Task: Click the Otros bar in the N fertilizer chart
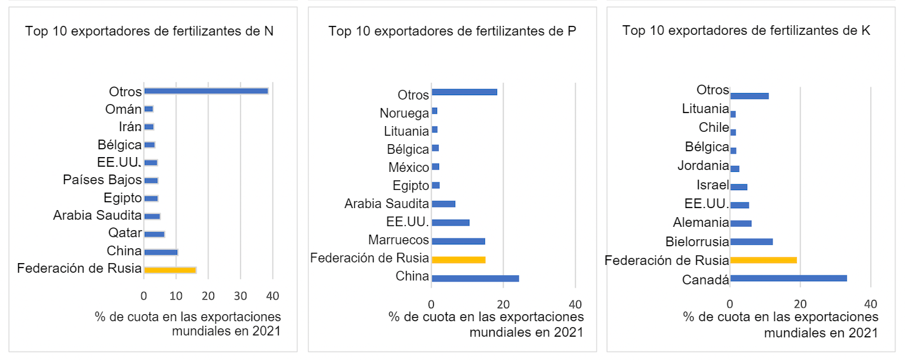[x=206, y=91]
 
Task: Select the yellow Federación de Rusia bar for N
[x=170, y=270]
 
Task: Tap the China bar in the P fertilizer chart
[x=475, y=279]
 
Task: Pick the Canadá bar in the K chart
[x=788, y=279]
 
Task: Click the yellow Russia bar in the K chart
[x=763, y=260]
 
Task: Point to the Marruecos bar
[x=458, y=241]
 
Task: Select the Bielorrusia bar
[x=751, y=242]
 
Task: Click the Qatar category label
[x=125, y=233]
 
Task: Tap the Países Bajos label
[x=102, y=180]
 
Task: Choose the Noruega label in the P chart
[x=404, y=114]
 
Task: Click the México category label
[x=409, y=168]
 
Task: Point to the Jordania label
[x=703, y=166]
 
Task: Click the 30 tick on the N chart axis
[x=240, y=295]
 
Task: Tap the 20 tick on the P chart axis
[x=504, y=304]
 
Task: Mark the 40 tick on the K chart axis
[x=871, y=304]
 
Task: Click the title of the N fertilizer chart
[x=149, y=31]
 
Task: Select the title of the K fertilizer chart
[x=746, y=30]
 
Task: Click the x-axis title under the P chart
[x=486, y=324]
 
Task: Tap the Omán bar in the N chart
[x=149, y=109]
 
